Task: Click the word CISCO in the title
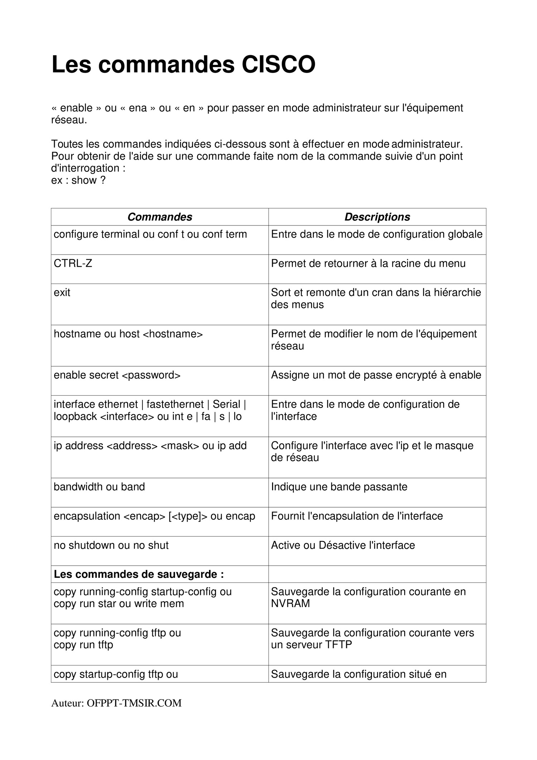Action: [278, 65]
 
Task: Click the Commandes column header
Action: [160, 217]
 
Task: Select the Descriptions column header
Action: [377, 217]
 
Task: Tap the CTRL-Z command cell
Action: [73, 263]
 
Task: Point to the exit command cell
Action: [62, 292]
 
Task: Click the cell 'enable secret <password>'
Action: [117, 375]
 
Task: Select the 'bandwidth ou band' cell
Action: [99, 487]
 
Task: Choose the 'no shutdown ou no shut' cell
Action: [111, 545]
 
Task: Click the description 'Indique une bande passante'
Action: [339, 487]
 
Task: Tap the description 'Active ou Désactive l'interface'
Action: [343, 545]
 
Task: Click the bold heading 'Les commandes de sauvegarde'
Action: [139, 574]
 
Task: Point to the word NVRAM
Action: [290, 604]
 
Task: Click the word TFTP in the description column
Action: [338, 645]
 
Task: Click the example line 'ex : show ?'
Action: [78, 180]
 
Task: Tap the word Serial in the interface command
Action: [226, 404]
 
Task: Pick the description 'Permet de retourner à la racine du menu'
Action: [368, 263]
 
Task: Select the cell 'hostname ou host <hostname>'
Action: [128, 334]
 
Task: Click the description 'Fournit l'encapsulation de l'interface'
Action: [357, 516]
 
